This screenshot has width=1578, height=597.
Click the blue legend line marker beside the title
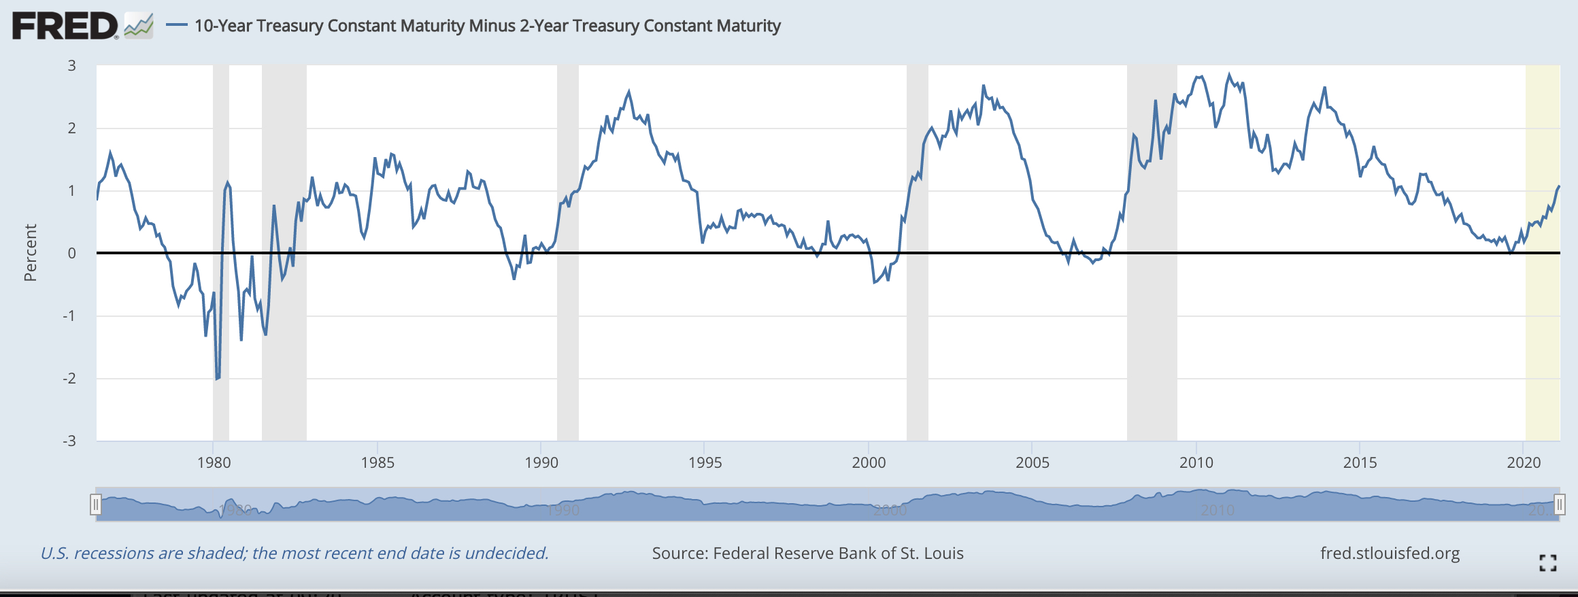[x=177, y=26]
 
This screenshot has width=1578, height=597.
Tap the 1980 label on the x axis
[x=214, y=463]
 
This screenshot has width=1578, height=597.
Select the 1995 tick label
[x=705, y=463]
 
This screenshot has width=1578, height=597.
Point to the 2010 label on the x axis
[x=1196, y=463]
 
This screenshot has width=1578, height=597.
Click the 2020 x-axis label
[x=1524, y=463]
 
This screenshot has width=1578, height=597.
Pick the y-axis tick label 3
[x=71, y=66]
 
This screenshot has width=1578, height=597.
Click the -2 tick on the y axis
[x=69, y=379]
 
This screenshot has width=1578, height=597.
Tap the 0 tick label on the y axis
[x=71, y=254]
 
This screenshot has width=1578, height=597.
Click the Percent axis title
[x=31, y=253]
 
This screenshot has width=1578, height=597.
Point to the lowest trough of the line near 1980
[x=217, y=379]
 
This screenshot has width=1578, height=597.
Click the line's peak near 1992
[x=628, y=91]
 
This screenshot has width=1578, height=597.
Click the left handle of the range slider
[x=96, y=505]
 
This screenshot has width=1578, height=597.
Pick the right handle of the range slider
[x=1560, y=505]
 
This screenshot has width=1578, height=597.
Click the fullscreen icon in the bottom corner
[x=1548, y=563]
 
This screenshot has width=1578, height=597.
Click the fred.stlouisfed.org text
[x=1390, y=553]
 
